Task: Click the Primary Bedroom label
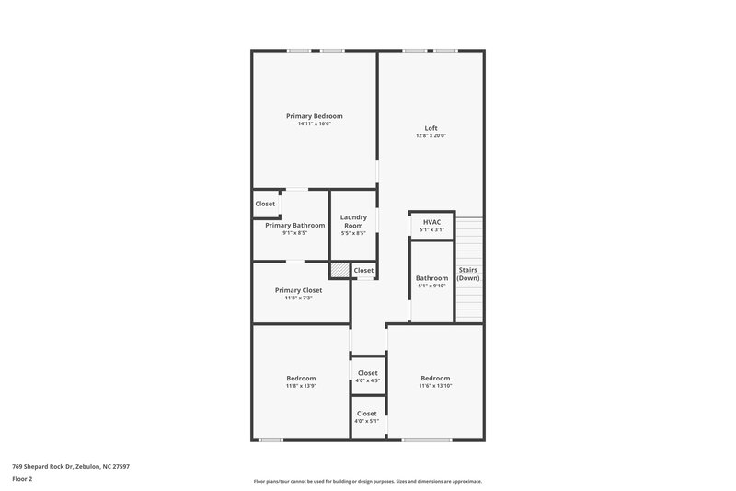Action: [314, 116]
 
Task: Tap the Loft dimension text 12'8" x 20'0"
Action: [431, 136]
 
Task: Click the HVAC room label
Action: [431, 222]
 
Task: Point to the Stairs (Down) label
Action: [468, 274]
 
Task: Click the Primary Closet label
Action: [298, 290]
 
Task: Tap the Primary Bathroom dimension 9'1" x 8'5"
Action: [294, 233]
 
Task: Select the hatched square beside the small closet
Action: [339, 270]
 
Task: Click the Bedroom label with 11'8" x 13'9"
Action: [301, 378]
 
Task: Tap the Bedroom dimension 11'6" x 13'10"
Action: [435, 386]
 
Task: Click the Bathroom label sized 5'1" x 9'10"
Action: [431, 278]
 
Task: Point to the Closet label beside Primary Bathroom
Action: [265, 204]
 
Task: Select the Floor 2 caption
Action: [22, 479]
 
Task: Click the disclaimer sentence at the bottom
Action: [367, 481]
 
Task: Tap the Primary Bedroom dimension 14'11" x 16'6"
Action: [314, 124]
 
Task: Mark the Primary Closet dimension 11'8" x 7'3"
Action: [298, 298]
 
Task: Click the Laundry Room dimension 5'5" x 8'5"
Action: [353, 233]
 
